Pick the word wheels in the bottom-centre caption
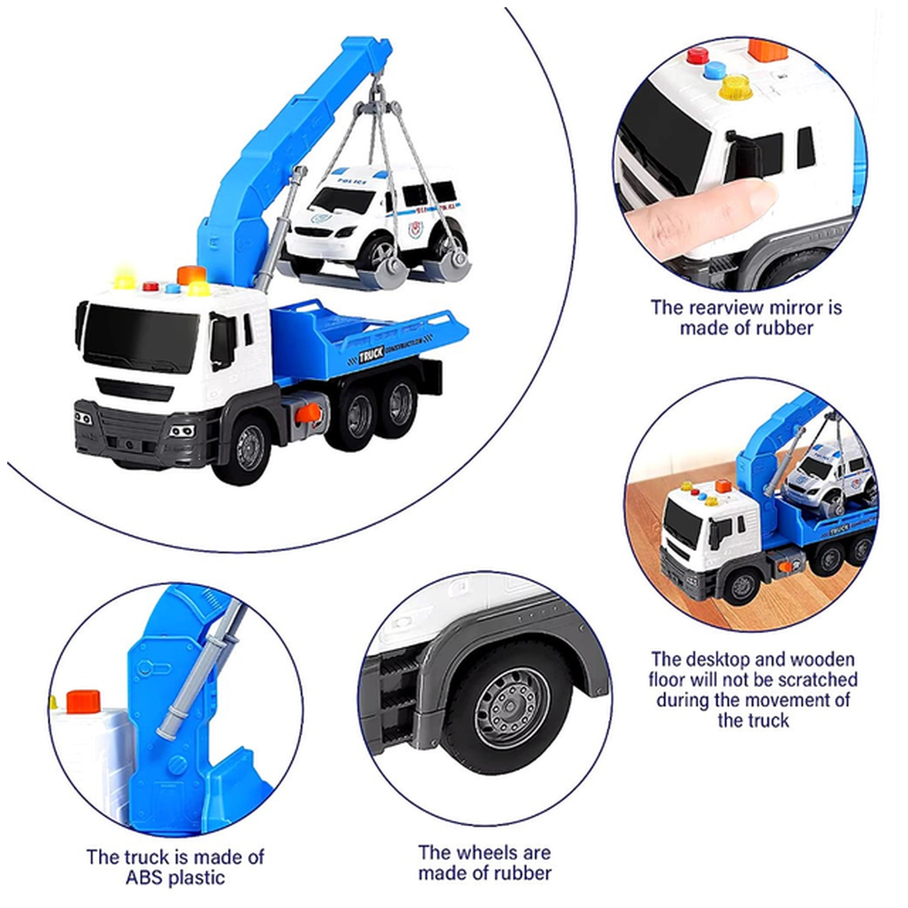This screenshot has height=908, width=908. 486,852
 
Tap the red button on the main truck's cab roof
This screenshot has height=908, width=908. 151,286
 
